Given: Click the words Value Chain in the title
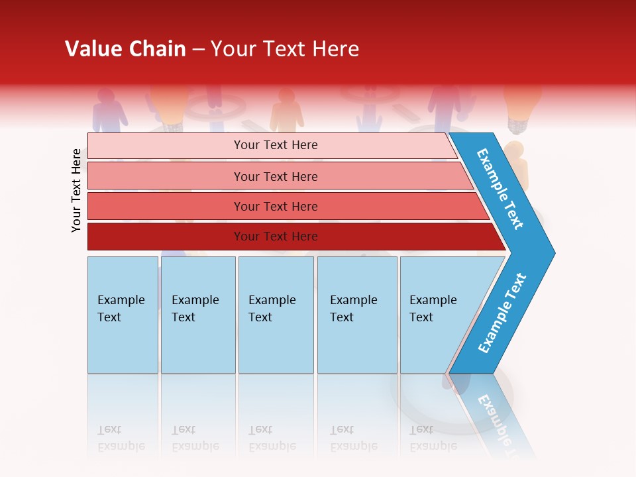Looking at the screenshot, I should click(x=125, y=49).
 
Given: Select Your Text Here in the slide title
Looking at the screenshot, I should click(x=285, y=49).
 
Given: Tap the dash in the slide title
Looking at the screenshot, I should click(x=198, y=50).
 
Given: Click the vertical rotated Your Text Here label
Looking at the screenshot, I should click(x=76, y=190).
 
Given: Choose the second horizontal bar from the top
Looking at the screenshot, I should click(x=275, y=176).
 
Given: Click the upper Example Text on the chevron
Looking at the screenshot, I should click(x=500, y=189).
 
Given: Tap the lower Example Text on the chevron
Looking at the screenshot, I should click(x=502, y=313).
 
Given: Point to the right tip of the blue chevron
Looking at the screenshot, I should click(x=553, y=252).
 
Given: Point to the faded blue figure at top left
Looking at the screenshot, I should click(x=110, y=109).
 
